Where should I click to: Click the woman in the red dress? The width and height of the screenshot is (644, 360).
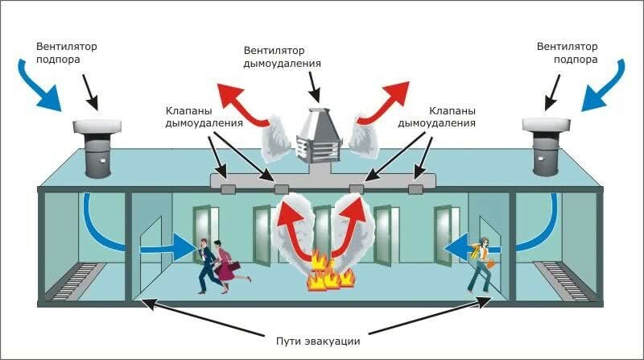point(229,267)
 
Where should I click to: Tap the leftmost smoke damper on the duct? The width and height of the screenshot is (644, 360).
point(228,189)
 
